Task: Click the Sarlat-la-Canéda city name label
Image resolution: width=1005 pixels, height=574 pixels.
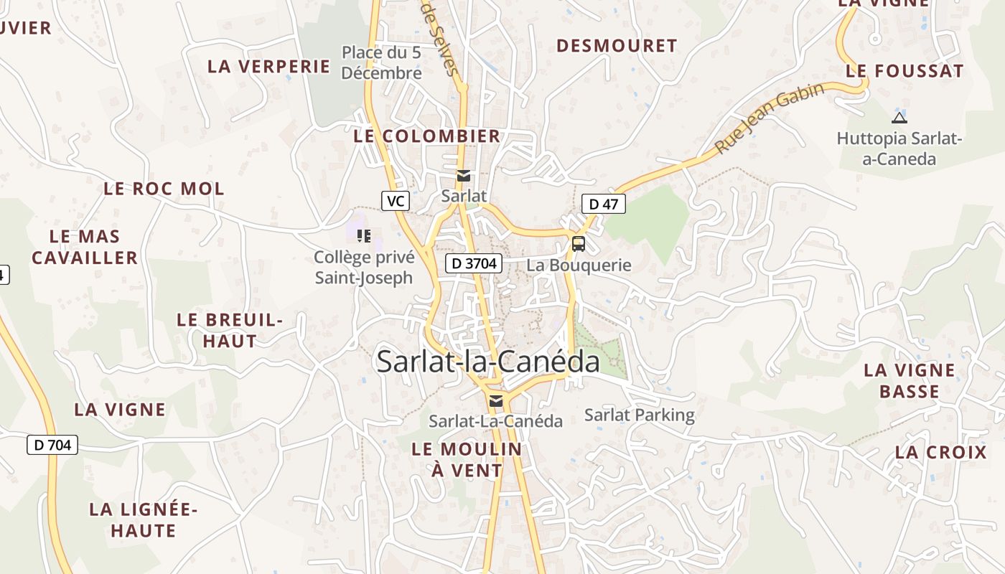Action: [488, 362]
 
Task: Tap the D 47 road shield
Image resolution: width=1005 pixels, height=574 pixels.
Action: [603, 204]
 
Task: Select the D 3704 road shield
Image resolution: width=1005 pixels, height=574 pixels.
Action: [474, 263]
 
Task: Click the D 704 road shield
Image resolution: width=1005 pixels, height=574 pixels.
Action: [52, 445]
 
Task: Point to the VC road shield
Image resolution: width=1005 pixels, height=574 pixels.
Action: [395, 201]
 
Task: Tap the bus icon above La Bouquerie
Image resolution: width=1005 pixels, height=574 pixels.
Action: [578, 244]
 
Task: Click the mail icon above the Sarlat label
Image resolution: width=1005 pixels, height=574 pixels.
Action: [464, 176]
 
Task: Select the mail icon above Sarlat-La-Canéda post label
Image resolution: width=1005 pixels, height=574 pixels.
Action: [495, 400]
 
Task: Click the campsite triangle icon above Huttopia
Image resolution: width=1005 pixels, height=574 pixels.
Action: [899, 118]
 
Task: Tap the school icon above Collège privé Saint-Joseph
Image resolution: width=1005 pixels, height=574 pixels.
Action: [363, 235]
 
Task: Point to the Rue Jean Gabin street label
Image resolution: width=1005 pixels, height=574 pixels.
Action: [769, 118]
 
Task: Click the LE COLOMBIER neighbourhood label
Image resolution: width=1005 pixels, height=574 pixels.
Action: [427, 136]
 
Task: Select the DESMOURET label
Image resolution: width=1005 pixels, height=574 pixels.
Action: [617, 46]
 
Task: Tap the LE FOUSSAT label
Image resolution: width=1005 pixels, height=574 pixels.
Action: [904, 71]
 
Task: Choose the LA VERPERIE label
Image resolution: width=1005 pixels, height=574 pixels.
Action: [268, 66]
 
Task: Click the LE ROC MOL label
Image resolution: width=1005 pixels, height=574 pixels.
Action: [164, 189]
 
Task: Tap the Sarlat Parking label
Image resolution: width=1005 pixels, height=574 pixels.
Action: [640, 415]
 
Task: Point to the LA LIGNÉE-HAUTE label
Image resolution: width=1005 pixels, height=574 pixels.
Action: [142, 520]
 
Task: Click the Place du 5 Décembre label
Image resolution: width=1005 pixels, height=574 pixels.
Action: [381, 62]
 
